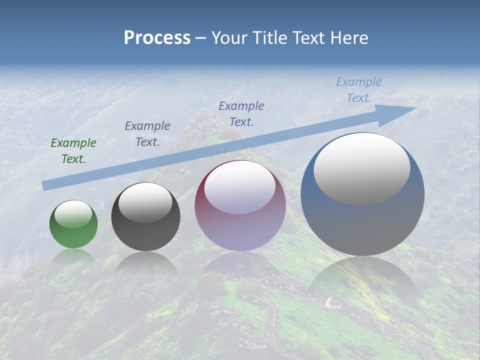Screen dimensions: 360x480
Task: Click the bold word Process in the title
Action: click(x=157, y=38)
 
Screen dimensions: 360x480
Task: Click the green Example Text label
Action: click(x=73, y=151)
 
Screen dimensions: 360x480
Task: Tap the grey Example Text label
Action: click(x=147, y=134)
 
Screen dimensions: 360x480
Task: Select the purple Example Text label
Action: click(x=241, y=113)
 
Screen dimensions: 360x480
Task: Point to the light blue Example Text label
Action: click(x=359, y=90)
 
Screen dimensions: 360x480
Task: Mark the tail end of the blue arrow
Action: click(x=44, y=186)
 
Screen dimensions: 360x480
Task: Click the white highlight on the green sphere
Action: click(x=73, y=214)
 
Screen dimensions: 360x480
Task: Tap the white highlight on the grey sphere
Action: click(x=145, y=202)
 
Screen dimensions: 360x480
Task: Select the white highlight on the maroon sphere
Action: click(x=240, y=187)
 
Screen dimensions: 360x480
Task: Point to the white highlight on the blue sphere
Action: click(x=362, y=168)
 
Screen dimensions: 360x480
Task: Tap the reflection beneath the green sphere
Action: click(x=73, y=256)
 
